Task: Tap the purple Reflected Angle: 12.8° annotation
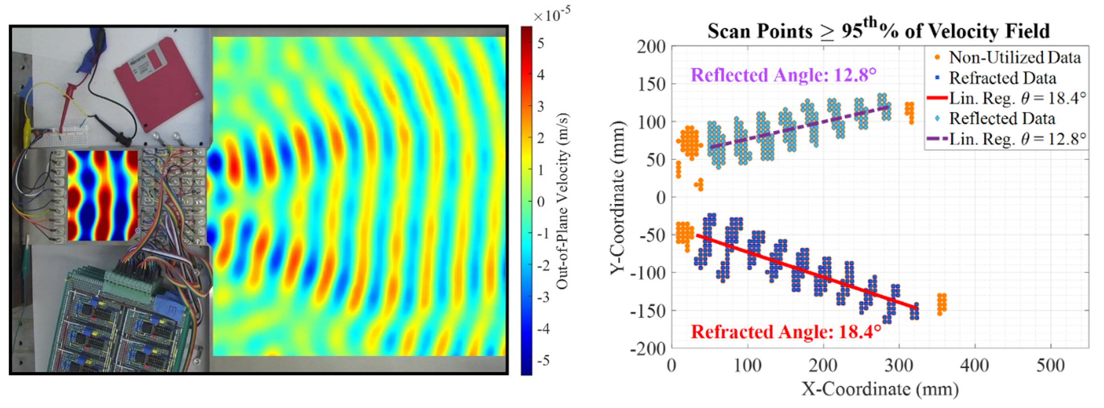[x=783, y=75]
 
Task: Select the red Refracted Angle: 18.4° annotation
[x=786, y=332]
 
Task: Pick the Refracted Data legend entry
[x=1002, y=78]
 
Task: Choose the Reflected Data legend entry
[x=1002, y=119]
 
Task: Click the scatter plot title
[x=878, y=31]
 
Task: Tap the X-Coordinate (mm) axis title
[x=880, y=389]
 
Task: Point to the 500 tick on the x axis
[x=1050, y=366]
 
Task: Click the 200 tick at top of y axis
[x=651, y=47]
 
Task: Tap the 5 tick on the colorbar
[x=541, y=44]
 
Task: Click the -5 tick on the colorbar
[x=543, y=360]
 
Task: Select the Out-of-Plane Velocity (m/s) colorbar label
[x=562, y=202]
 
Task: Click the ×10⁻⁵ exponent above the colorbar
[x=552, y=15]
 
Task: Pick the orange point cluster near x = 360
[x=942, y=304]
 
